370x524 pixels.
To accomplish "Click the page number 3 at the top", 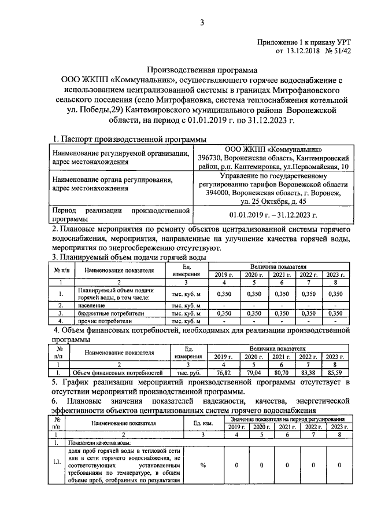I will tap(202, 23).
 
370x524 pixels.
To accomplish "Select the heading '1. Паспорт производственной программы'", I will tap(128, 139).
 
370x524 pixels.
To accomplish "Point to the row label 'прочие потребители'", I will tap(102, 320).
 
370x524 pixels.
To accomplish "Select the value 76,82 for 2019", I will tap(223, 373).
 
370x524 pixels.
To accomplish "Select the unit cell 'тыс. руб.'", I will tap(188, 373).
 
